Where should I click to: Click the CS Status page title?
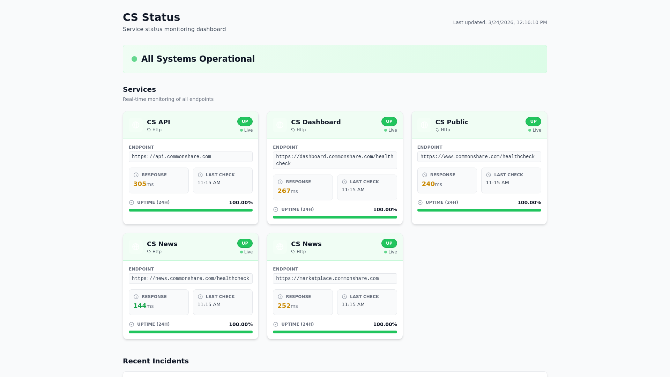151,17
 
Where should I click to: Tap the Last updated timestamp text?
500,22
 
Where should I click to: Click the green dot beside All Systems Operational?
134,59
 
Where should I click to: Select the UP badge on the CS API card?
245,121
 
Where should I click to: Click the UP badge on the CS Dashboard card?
389,121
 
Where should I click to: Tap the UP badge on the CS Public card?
533,121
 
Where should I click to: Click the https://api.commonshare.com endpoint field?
191,157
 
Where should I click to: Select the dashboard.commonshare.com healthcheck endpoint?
335,160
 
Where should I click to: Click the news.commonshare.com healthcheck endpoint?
191,279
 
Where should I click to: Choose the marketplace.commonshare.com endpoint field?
335,279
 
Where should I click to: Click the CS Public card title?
452,122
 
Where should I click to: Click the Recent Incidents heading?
156,361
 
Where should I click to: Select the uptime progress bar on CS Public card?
479,210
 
